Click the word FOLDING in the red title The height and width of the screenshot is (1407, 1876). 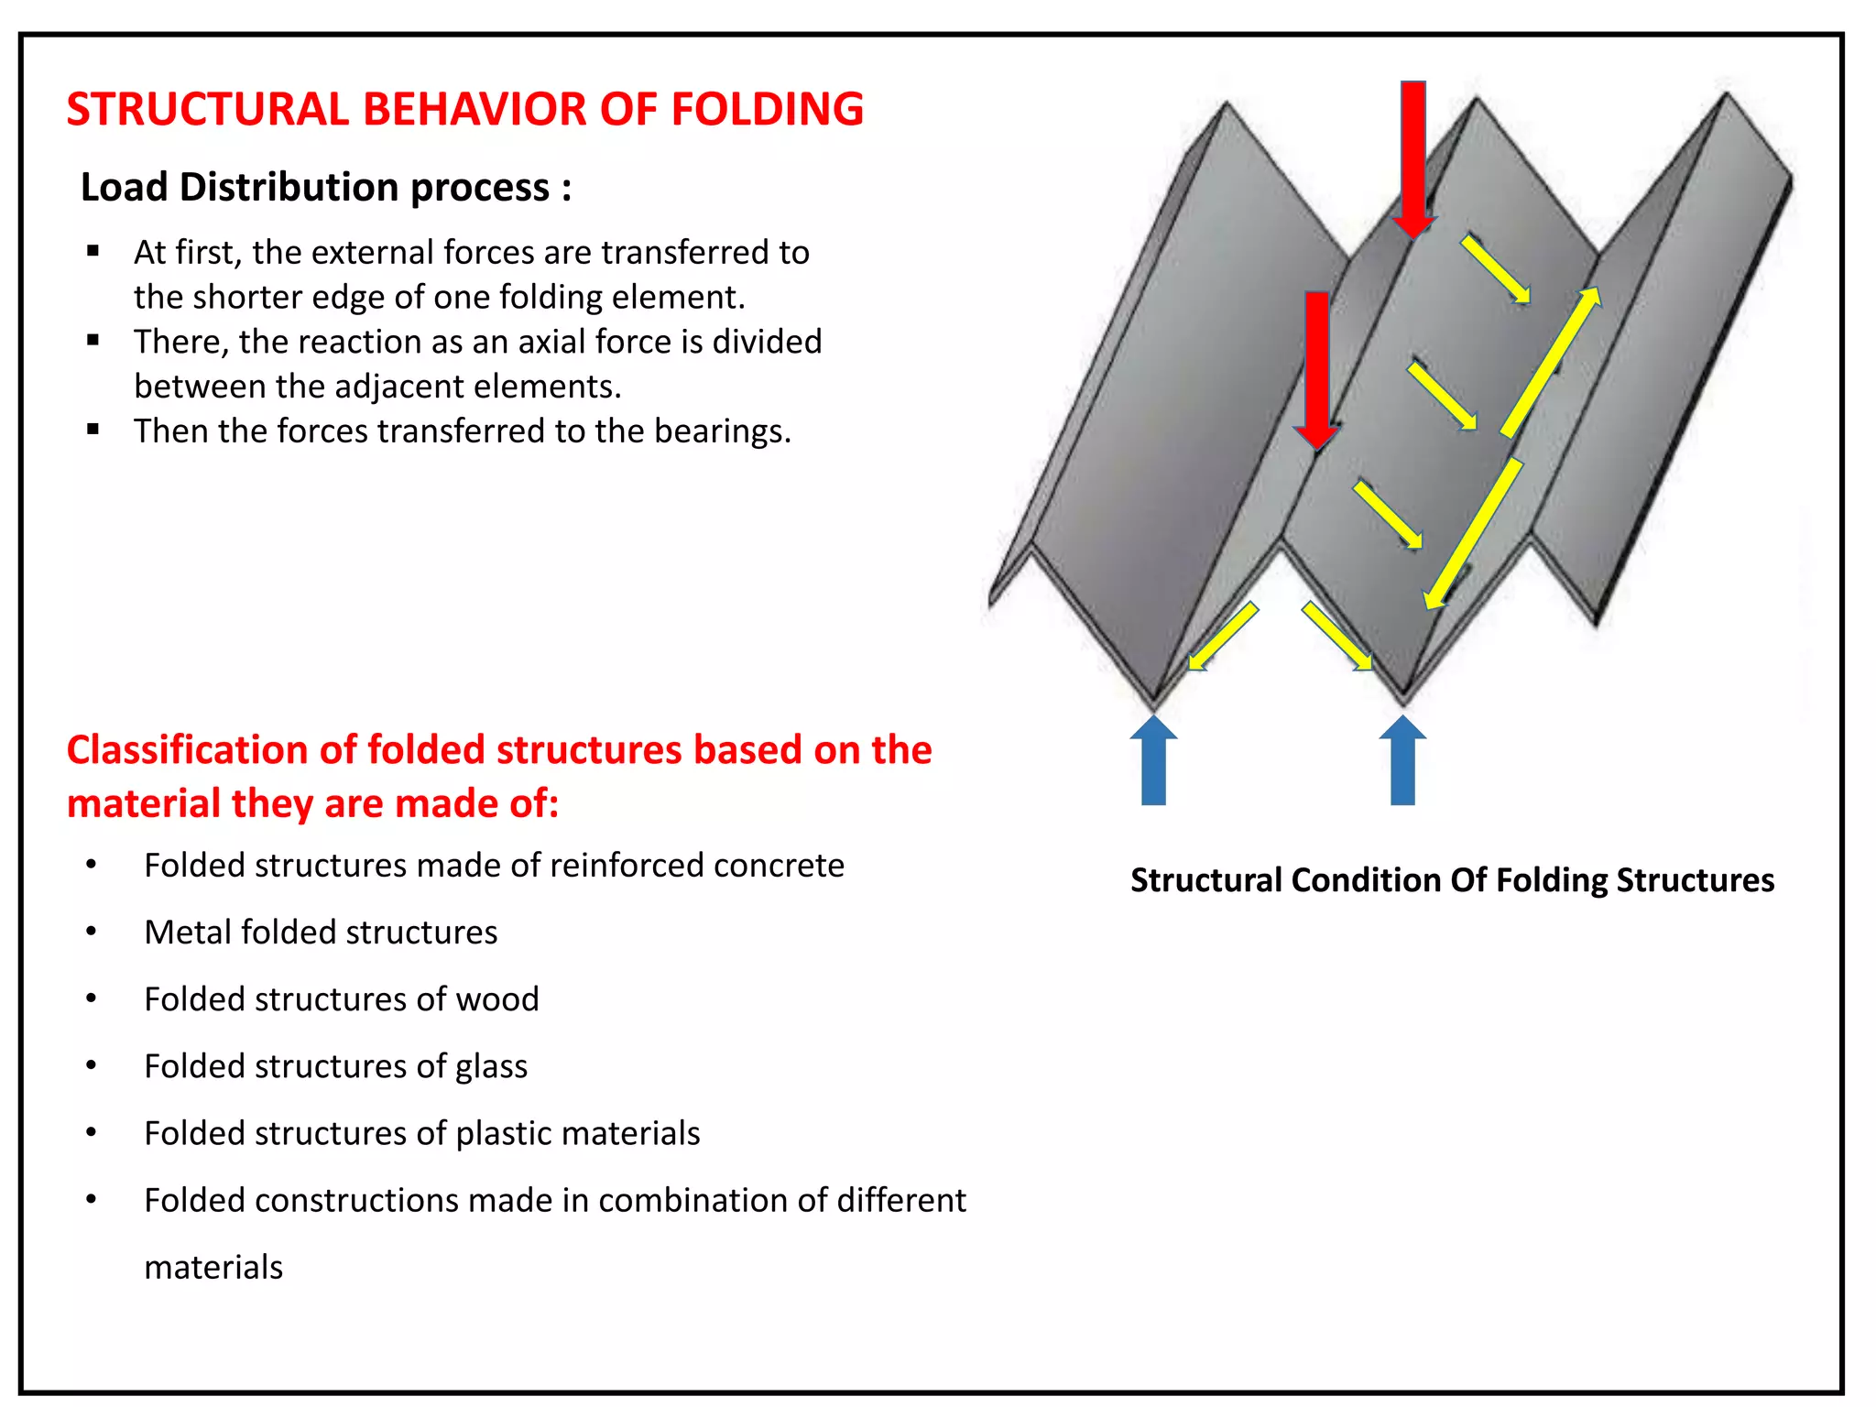[767, 110]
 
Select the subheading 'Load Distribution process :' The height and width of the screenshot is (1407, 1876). [326, 188]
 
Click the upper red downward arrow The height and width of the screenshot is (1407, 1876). [1413, 156]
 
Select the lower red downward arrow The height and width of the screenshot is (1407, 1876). [1316, 366]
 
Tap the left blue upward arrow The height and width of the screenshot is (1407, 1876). [1153, 760]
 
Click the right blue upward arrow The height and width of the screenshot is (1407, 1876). [1402, 760]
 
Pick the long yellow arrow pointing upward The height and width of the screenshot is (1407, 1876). [1551, 361]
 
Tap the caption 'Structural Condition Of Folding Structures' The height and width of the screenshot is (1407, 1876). [1452, 880]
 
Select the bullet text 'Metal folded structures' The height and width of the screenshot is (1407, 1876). [321, 933]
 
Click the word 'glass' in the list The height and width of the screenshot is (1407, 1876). [491, 1067]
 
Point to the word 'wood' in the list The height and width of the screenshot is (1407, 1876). [497, 999]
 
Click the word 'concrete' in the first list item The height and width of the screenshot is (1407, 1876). [779, 866]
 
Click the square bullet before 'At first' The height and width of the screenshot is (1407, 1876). [93, 251]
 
